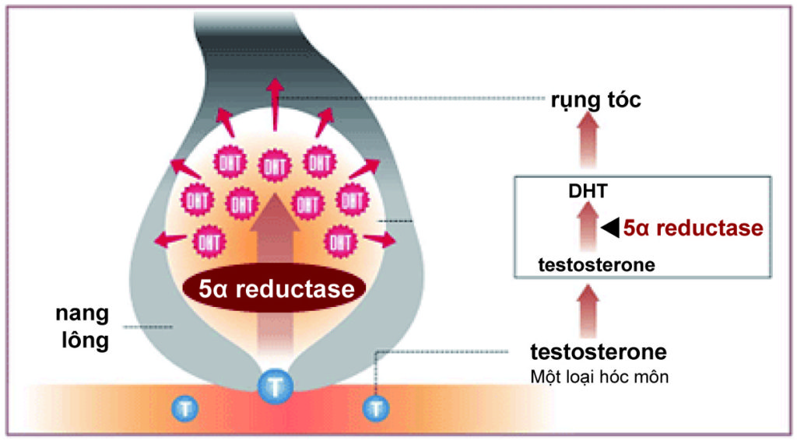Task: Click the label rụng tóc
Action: (x=596, y=100)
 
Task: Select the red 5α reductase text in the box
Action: (x=693, y=229)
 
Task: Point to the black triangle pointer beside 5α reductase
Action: (x=611, y=228)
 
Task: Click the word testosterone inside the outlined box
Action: (x=596, y=265)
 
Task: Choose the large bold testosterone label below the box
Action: (x=598, y=351)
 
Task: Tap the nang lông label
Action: (x=81, y=328)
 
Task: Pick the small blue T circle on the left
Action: (x=184, y=407)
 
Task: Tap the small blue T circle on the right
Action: (x=377, y=407)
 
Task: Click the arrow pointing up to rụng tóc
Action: (x=588, y=139)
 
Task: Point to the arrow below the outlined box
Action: (x=589, y=309)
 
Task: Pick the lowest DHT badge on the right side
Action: (x=339, y=240)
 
